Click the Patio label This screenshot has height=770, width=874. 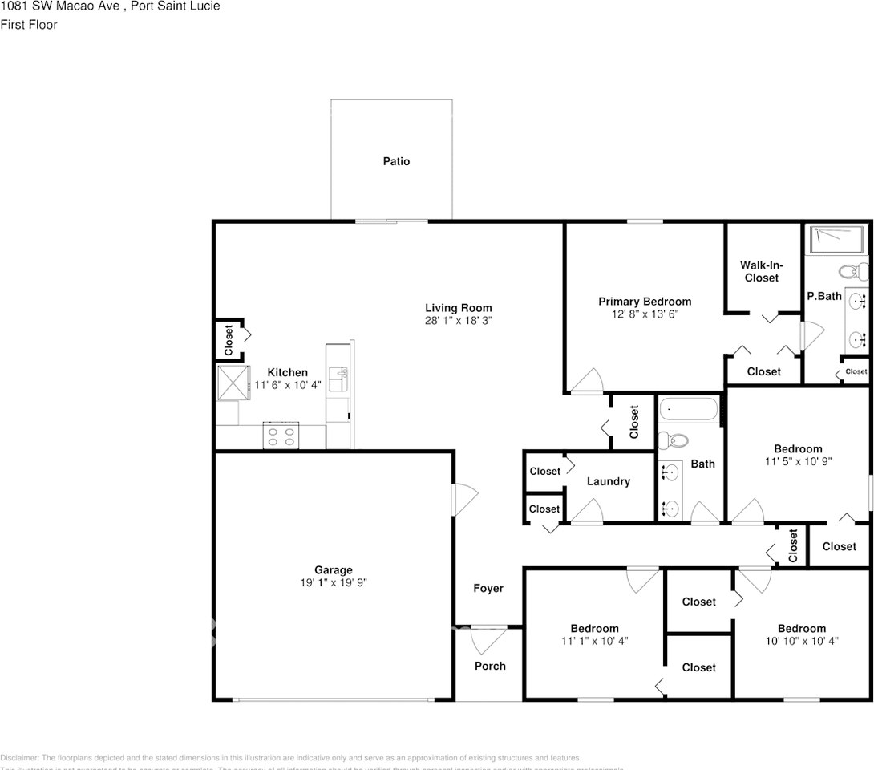click(396, 161)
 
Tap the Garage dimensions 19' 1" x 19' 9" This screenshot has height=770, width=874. click(333, 583)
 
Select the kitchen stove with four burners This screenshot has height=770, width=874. click(281, 436)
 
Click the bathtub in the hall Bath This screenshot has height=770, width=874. click(690, 411)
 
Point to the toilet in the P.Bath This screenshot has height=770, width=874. click(850, 270)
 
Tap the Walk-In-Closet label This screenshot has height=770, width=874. click(761, 272)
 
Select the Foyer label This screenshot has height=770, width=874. click(488, 588)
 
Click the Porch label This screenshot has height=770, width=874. click(490, 666)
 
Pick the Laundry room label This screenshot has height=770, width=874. click(608, 481)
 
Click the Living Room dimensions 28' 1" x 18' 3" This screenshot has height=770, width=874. click(458, 320)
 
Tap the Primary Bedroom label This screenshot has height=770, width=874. click(645, 302)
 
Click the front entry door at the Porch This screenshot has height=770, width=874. click(488, 639)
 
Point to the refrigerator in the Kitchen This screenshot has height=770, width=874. click(233, 382)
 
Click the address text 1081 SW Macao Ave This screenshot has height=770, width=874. click(60, 6)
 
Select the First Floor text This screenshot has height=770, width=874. click(29, 25)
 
